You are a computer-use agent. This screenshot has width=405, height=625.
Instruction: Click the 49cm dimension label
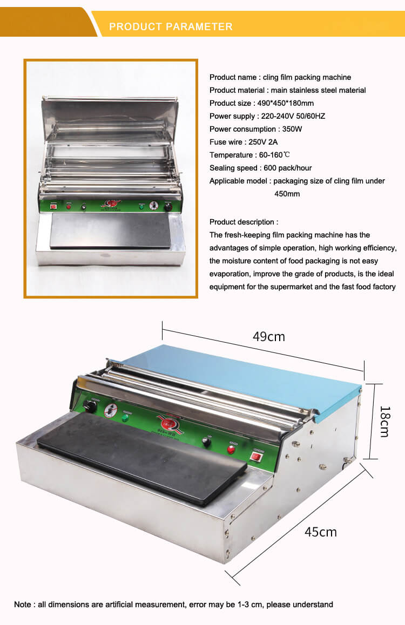click(x=268, y=337)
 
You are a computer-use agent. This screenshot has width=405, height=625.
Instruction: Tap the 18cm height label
click(x=383, y=421)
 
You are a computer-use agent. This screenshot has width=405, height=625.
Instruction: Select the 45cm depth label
click(x=320, y=532)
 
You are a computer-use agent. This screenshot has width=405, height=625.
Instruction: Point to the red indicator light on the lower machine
click(x=232, y=449)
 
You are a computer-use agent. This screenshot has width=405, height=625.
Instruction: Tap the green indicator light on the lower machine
click(x=125, y=417)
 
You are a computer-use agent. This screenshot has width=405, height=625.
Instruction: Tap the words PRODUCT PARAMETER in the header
click(x=171, y=26)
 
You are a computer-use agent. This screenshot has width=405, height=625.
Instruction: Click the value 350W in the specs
click(x=291, y=129)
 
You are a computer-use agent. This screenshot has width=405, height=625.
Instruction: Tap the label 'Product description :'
click(x=244, y=222)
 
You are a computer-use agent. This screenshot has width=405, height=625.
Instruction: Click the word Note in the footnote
click(x=23, y=604)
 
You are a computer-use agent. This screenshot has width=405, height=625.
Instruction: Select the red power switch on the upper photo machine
click(x=53, y=206)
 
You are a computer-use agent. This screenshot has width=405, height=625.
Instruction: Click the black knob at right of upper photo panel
click(x=168, y=206)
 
